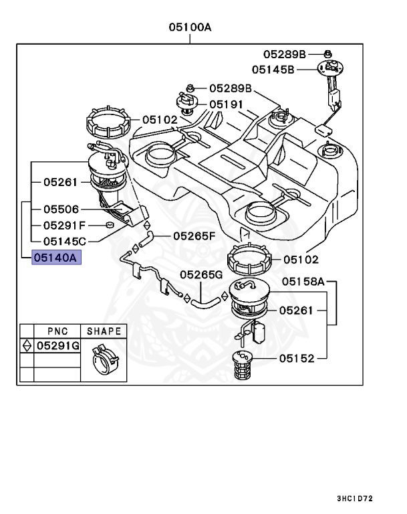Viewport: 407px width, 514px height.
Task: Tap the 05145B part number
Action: coord(273,69)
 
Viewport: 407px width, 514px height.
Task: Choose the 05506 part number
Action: coord(61,209)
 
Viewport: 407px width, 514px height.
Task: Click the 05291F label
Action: coord(65,226)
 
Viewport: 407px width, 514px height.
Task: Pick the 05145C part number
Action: coord(65,241)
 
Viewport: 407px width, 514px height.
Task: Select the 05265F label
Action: coord(194,236)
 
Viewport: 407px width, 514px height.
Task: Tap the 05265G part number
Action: coord(200,274)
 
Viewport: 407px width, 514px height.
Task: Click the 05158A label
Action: coord(302,282)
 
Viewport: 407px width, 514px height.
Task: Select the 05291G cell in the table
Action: coord(57,345)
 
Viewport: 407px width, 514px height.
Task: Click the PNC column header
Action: coord(57,331)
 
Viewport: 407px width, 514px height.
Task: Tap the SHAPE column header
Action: coord(104,331)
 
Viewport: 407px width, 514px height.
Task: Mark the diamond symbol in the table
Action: coord(26,345)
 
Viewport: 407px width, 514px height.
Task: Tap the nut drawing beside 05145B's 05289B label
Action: coord(327,53)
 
